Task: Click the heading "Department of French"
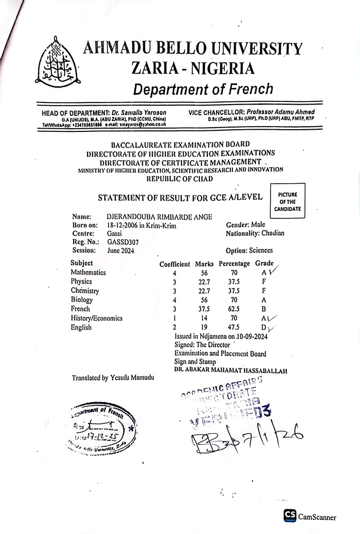pyautogui.click(x=203, y=89)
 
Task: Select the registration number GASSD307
pyautogui.click(x=123, y=241)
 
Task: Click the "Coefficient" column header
pyautogui.click(x=175, y=264)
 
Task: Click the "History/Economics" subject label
pyautogui.click(x=97, y=318)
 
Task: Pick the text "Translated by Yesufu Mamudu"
pyautogui.click(x=113, y=378)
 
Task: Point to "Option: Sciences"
pyautogui.click(x=249, y=250)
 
